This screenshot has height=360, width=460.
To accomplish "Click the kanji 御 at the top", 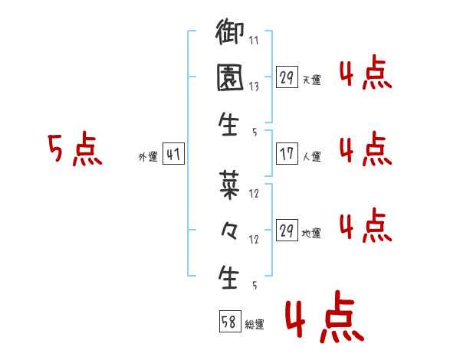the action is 230,33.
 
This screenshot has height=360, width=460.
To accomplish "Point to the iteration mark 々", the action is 230,231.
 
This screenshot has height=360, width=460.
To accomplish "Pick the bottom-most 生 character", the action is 230,275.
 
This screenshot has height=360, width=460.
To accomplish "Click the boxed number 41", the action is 173,155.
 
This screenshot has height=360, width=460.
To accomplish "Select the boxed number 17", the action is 287,154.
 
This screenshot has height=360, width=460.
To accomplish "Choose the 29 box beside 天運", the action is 287,77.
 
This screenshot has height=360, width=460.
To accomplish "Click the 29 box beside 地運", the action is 287,231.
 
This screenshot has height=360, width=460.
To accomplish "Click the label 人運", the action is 312,157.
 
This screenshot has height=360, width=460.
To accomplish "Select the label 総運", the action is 255,324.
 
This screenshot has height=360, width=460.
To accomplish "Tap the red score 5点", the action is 74,149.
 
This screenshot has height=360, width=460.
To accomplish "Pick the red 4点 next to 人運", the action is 365,148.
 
